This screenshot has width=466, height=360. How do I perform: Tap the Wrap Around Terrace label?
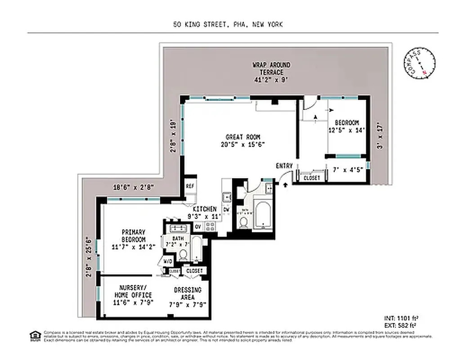coord(271,72)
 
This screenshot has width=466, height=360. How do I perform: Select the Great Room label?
coord(243,141)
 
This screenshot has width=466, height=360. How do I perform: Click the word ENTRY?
coord(284,166)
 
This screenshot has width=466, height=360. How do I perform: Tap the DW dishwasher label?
coord(226,210)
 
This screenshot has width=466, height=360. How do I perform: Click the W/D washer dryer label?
coord(168,261)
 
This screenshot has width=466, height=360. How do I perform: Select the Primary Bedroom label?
coord(133,239)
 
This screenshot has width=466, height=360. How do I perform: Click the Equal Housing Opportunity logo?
coord(35,335)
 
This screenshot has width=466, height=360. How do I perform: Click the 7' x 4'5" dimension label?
coord(348,170)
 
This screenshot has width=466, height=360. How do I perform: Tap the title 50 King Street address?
coord(228,25)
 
